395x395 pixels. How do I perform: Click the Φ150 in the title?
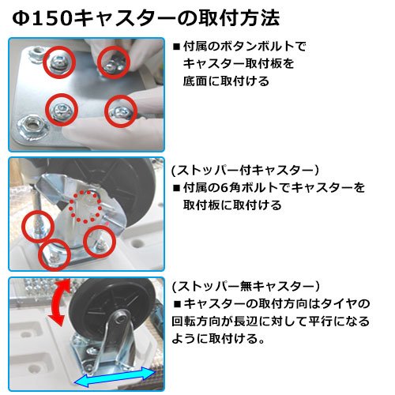pos(42,18)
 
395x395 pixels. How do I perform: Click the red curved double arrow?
pos(58,303)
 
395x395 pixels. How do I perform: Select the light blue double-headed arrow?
pos(115,377)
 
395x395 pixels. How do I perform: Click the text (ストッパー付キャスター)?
pos(245,170)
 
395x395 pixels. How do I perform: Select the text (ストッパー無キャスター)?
pos(246,286)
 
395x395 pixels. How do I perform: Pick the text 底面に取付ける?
pos(226,81)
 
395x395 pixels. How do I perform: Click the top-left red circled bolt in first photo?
pos(59,62)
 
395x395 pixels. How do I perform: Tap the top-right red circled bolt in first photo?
pos(114,62)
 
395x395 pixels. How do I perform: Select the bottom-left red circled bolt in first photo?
pos(62,110)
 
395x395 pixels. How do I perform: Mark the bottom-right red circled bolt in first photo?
pos(121,111)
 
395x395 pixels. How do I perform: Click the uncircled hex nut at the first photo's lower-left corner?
pos(32,126)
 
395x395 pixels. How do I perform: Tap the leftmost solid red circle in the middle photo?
pos(38,227)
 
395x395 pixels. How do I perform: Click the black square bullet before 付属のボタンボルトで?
pos(176,47)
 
